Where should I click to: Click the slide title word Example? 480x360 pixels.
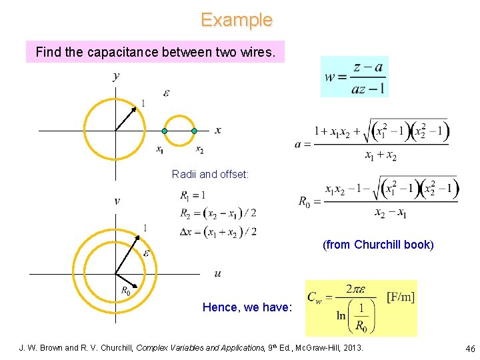237,20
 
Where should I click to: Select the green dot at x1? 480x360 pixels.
164,131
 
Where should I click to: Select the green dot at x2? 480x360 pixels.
194,131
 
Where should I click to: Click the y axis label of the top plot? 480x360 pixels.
117,75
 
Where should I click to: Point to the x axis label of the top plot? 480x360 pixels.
218,130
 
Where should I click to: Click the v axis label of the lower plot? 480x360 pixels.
117,201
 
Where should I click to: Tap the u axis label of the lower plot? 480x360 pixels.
218,273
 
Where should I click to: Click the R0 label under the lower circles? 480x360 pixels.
125,291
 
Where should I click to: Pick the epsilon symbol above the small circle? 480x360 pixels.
166,93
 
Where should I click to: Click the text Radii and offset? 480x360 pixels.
210,174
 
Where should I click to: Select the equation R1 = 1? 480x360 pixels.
193,196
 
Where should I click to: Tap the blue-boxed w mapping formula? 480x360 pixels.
354,77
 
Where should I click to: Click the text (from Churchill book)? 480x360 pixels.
378,245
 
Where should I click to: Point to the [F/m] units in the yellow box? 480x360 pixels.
401,297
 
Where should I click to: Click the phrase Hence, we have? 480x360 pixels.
247,307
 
